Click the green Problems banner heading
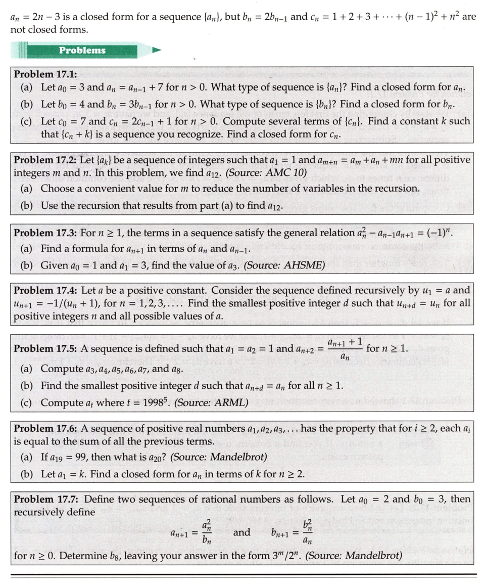82,50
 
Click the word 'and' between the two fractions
242,532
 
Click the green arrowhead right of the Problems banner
157,50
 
